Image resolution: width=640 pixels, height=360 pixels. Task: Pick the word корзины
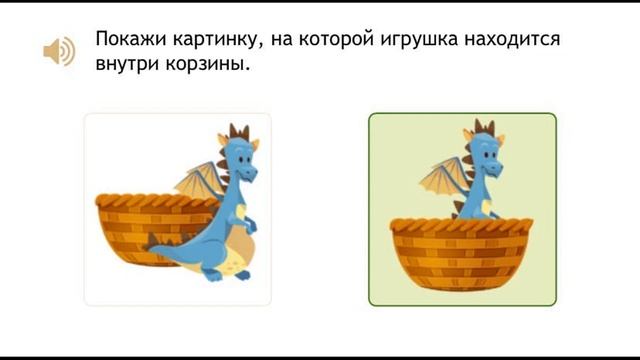pos(210,66)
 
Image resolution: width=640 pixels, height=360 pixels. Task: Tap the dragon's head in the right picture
pos(484,155)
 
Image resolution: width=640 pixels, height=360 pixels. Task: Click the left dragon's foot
pos(215,273)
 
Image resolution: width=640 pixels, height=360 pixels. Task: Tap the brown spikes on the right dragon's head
pos(484,127)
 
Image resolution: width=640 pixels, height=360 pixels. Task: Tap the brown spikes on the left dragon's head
pos(238,132)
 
